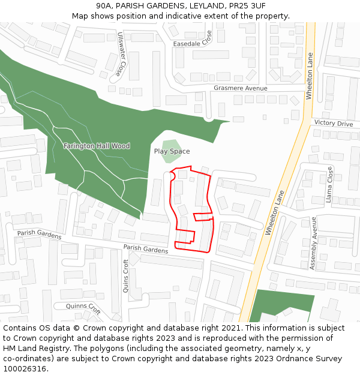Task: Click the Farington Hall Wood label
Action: coord(97,146)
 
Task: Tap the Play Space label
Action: coord(172,152)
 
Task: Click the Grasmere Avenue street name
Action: coord(240,88)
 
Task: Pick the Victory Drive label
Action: coord(334,124)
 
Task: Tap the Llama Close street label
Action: coord(329,185)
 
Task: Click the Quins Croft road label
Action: coord(125,275)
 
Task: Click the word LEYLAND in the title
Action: coord(192,5)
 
